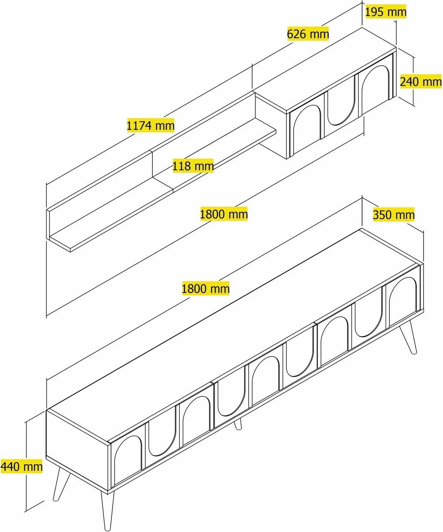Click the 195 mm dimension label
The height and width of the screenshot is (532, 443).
[386, 12]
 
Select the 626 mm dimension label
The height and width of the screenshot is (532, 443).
[308, 34]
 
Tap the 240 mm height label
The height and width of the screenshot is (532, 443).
[421, 82]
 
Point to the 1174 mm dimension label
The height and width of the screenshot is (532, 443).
[151, 125]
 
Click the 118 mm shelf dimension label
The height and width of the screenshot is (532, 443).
[193, 166]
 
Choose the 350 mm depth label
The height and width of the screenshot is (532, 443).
[394, 215]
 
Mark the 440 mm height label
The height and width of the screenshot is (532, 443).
[22, 466]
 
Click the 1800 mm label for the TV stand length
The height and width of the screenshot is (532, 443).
[206, 288]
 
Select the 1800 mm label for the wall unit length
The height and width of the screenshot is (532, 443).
[224, 214]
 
